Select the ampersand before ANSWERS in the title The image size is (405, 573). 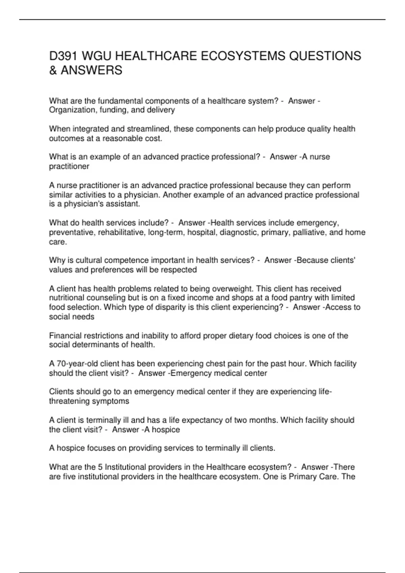tap(53, 70)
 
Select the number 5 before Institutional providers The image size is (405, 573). tap(100, 467)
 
